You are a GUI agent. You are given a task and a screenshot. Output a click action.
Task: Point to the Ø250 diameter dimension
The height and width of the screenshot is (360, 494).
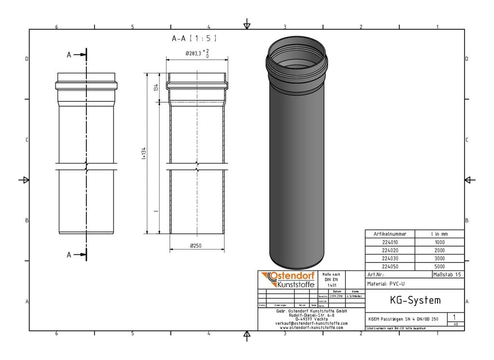click(x=196, y=246)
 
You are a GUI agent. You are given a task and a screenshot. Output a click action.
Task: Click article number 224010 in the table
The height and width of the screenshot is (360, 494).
click(x=390, y=242)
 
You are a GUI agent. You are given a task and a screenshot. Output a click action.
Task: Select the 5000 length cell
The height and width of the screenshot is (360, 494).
click(x=439, y=266)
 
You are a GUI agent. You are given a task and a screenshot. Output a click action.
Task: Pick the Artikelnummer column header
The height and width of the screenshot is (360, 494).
click(x=390, y=234)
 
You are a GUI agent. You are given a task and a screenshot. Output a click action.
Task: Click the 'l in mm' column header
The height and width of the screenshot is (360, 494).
click(x=439, y=234)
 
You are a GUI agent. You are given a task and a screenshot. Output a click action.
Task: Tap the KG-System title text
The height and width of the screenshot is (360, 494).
click(x=415, y=300)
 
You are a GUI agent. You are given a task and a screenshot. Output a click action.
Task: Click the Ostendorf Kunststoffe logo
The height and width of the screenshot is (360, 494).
click(x=288, y=280)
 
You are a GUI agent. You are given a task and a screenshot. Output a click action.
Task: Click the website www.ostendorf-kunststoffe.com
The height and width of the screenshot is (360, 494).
click(x=311, y=328)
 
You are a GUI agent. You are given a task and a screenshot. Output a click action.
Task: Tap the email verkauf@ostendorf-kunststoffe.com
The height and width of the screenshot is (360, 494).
click(x=311, y=323)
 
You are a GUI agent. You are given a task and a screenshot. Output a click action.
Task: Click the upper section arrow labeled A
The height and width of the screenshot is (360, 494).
click(x=77, y=55)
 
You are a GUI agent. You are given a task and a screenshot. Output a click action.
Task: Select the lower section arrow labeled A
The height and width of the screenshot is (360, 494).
click(x=77, y=254)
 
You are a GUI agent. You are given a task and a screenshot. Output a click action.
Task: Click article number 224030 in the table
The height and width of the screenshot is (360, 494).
click(x=390, y=259)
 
